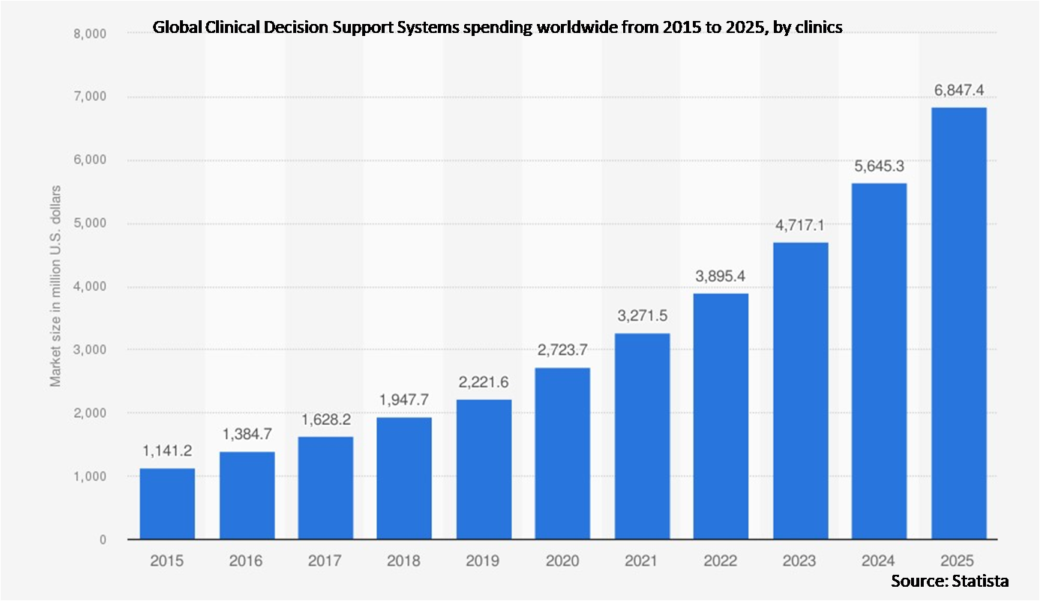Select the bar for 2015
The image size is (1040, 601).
click(x=167, y=504)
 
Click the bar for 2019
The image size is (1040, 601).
click(x=484, y=469)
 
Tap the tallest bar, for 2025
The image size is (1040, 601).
click(x=958, y=323)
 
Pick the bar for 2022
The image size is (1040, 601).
click(x=721, y=416)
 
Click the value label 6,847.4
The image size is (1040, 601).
click(x=958, y=90)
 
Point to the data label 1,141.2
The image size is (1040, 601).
click(x=167, y=451)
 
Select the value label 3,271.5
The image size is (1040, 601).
click(x=642, y=315)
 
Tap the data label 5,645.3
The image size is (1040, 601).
click(x=879, y=166)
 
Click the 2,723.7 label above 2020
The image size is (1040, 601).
click(x=562, y=350)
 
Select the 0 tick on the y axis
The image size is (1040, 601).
click(x=102, y=540)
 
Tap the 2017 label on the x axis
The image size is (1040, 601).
click(x=325, y=560)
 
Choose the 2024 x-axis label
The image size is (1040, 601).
click(x=879, y=560)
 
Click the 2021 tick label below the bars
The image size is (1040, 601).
click(x=642, y=560)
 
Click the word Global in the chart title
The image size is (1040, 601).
click(x=173, y=28)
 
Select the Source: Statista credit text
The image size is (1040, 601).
click(x=949, y=581)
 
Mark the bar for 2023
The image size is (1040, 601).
click(x=800, y=390)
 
